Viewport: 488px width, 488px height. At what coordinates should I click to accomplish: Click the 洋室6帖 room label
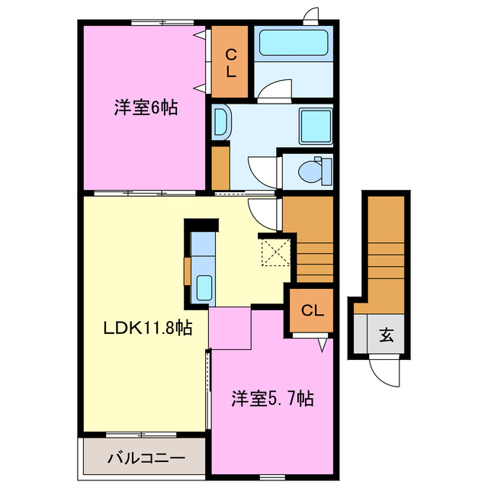click(x=146, y=108)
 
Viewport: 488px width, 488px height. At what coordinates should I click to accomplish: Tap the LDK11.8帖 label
click(x=147, y=329)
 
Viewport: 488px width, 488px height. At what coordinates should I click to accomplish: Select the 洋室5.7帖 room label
click(x=272, y=397)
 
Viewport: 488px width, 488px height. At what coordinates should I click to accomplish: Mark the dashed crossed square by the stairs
click(x=275, y=251)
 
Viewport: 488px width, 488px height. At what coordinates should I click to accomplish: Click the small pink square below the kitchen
click(x=230, y=328)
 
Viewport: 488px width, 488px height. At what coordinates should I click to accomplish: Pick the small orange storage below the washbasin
click(x=220, y=165)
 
